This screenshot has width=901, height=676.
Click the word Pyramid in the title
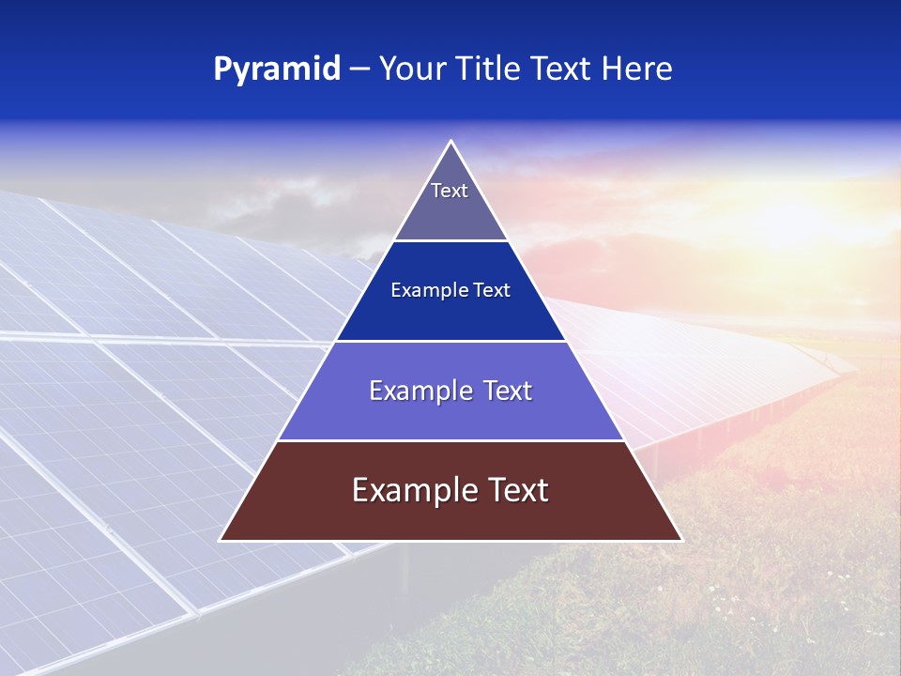click(276, 69)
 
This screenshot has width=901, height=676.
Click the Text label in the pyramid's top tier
click(450, 191)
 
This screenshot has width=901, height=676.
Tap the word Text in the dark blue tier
click(492, 291)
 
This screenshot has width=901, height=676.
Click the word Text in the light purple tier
click(508, 391)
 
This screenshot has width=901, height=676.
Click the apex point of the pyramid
click(450, 142)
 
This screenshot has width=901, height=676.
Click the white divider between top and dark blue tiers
click(450, 240)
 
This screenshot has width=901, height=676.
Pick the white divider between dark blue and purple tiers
click(450, 341)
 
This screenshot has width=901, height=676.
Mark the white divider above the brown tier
click(450, 440)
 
